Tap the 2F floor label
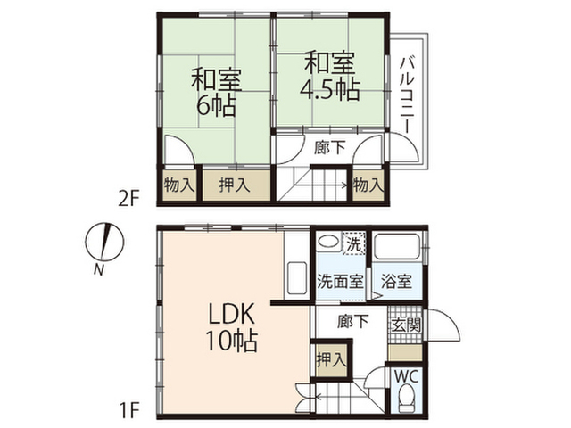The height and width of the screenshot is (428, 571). point(128,199)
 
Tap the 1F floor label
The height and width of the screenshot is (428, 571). point(129,411)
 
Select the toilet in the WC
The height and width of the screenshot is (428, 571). point(407,399)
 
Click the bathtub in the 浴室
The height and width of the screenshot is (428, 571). point(397,246)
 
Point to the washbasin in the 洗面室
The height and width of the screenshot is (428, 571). point(328,242)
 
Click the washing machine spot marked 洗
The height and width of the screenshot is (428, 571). point(353,243)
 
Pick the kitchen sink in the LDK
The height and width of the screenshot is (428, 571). point(297,278)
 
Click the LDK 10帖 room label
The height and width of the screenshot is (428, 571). point(232,328)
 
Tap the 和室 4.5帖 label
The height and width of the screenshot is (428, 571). point(330,77)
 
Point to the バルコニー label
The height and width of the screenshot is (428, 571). point(407,95)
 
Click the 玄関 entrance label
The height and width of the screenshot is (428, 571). point(407,325)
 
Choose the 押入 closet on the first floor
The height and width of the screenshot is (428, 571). point(331,360)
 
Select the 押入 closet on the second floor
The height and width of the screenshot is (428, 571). point(236,185)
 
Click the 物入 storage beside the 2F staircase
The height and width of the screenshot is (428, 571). point(368,185)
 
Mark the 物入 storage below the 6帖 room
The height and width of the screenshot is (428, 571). point(179,185)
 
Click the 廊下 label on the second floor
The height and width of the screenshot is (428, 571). point(330,147)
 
